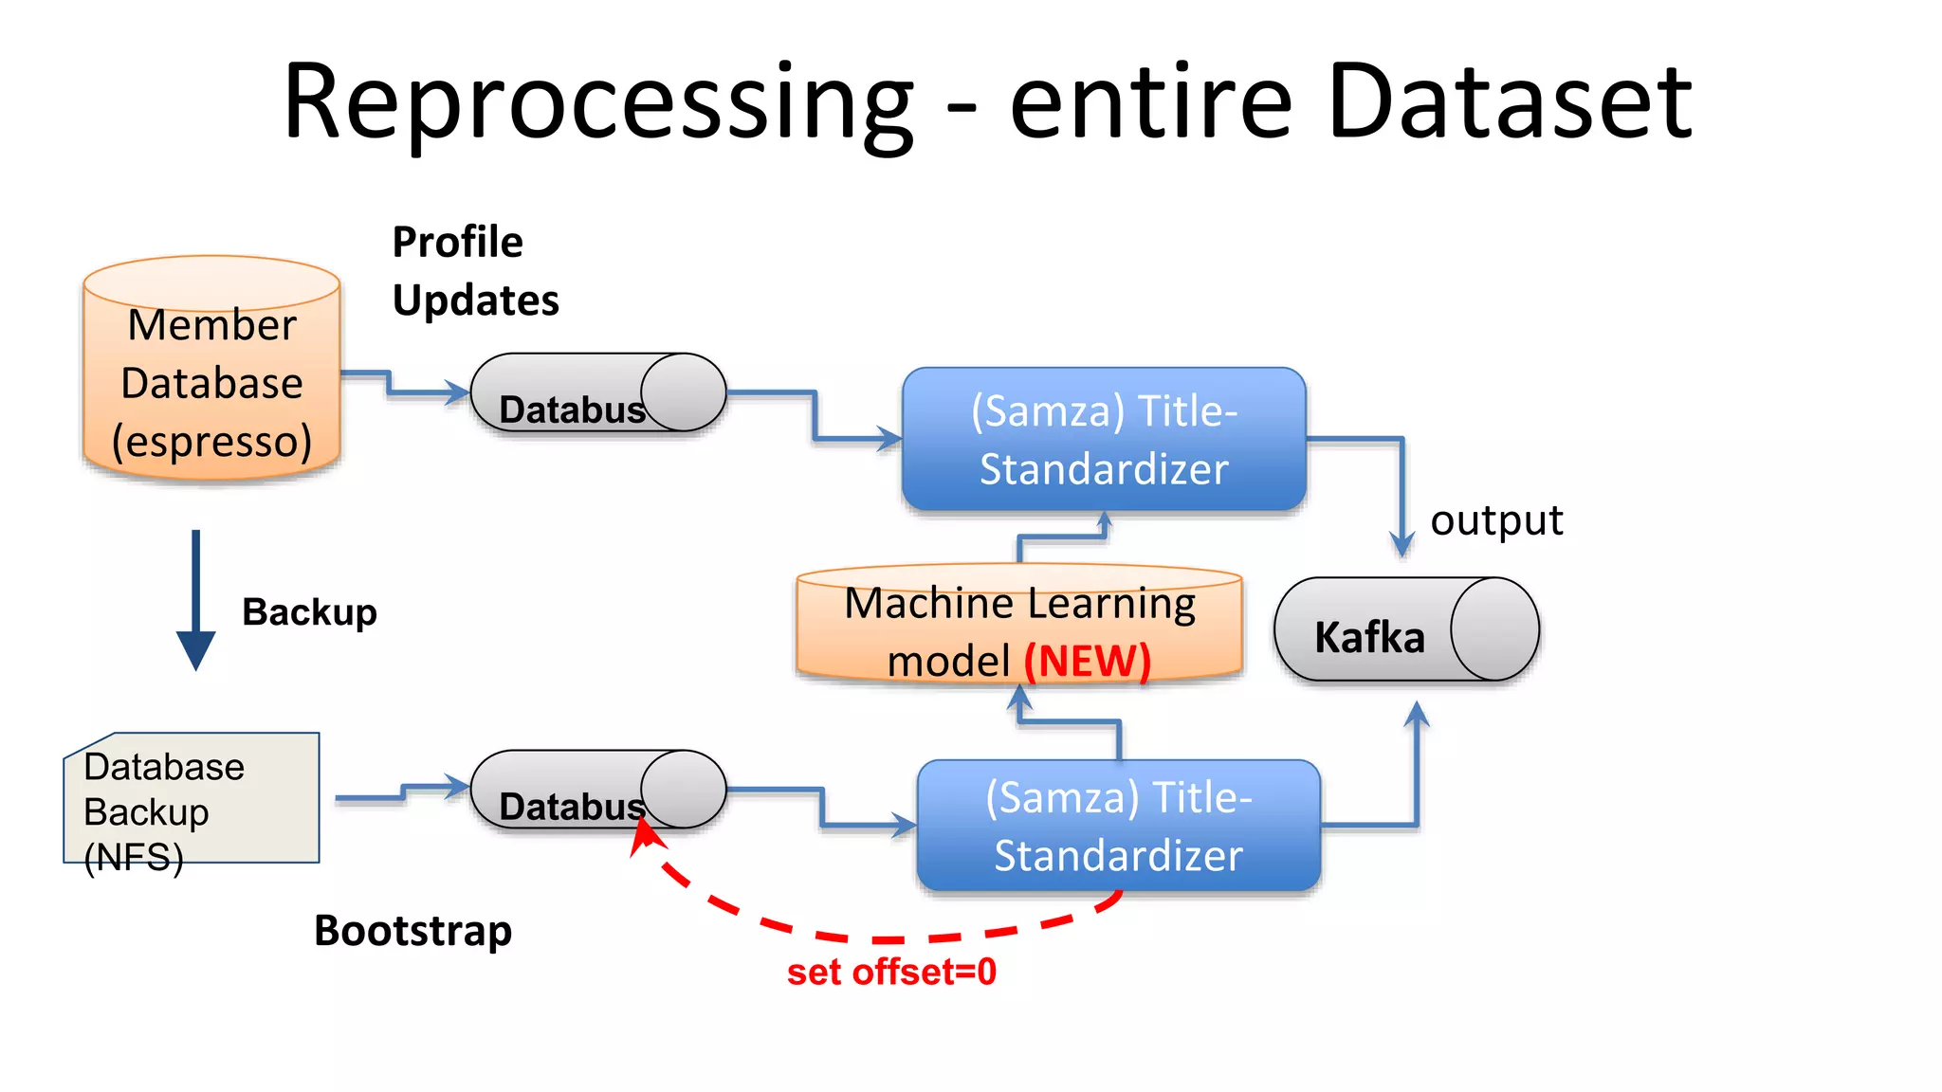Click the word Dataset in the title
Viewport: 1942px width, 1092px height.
click(x=1510, y=100)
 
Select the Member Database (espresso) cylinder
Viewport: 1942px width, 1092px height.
click(x=211, y=379)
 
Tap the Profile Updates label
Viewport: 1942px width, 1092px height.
click(x=474, y=271)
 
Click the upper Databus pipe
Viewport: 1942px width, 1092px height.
click(x=597, y=393)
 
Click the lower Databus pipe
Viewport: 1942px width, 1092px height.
click(x=597, y=790)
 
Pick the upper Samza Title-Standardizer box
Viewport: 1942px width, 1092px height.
click(x=1104, y=439)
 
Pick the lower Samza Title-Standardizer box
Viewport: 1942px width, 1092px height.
click(x=1118, y=826)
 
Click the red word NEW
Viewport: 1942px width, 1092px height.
click(x=1088, y=661)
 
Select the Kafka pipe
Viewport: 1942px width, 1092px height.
click(x=1405, y=630)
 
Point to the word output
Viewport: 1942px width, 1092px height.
click(x=1495, y=520)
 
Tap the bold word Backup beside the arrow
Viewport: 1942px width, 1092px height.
click(x=309, y=611)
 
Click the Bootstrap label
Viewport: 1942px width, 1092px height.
click(x=412, y=930)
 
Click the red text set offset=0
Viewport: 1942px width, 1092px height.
click(x=891, y=972)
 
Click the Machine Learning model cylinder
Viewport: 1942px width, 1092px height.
click(x=1019, y=626)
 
